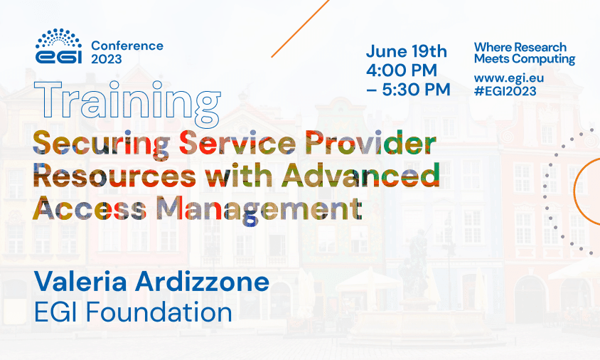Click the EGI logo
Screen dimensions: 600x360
[58, 46]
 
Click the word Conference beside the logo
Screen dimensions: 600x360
[127, 46]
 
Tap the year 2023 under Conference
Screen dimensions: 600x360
[107, 59]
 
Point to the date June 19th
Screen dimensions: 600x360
[407, 51]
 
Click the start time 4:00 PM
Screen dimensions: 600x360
[402, 70]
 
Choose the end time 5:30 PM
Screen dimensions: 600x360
[408, 90]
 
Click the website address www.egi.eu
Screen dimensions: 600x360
[509, 78]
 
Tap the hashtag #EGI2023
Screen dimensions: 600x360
[505, 91]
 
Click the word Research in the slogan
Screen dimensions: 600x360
[543, 47]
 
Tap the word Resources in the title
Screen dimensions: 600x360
[114, 176]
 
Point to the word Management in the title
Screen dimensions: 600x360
[259, 209]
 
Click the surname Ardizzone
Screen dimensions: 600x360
[202, 282]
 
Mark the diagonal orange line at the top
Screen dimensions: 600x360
[301, 28]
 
